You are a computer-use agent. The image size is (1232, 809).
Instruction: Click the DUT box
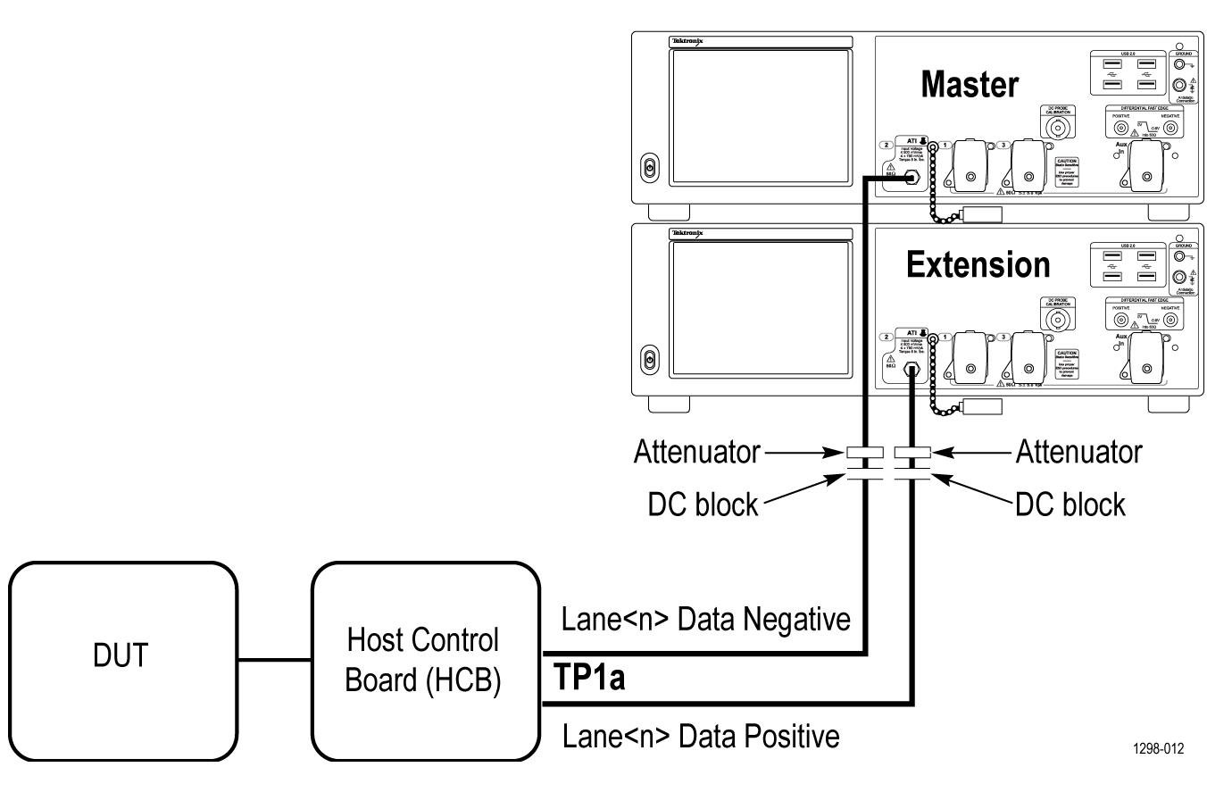coord(123,661)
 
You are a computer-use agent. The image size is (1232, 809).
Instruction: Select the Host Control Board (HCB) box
coord(425,661)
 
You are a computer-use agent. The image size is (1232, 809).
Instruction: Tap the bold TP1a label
coord(589,678)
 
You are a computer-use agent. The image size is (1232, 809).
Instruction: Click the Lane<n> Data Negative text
coord(705,619)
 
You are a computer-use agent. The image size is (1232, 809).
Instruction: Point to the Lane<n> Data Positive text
coord(701,737)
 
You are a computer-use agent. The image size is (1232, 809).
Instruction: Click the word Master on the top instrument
coord(969,85)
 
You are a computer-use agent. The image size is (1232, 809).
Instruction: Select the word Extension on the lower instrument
coord(978,265)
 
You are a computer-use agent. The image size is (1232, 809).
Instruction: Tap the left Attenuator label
coord(696,453)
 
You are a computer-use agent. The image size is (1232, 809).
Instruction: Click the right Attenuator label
coord(1078,453)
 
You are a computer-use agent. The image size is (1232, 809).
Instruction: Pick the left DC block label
coord(703,505)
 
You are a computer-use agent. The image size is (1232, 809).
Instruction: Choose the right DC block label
coord(1070,505)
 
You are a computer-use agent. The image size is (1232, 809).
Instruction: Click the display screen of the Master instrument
coord(761,116)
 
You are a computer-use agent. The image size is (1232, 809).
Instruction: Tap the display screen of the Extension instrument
coord(761,308)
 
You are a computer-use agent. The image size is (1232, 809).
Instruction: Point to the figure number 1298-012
coord(1159,748)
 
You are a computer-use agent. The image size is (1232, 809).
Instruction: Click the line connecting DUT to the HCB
coord(274,661)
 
